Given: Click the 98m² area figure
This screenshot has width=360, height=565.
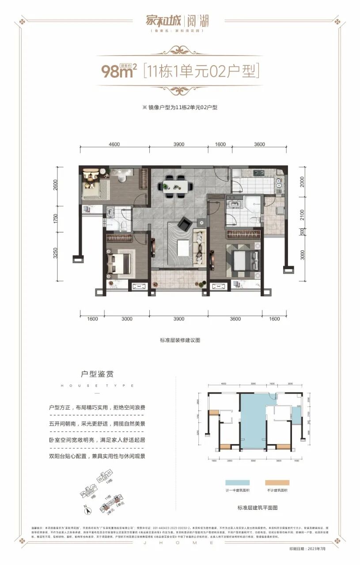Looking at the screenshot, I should point(117,71).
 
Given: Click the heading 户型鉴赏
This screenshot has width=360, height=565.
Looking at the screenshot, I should point(97,374).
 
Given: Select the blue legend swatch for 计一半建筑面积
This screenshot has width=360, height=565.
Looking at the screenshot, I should point(237,483).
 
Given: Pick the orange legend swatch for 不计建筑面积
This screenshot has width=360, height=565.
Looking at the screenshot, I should point(277,483).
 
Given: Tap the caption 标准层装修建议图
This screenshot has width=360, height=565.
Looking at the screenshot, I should point(180,340).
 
